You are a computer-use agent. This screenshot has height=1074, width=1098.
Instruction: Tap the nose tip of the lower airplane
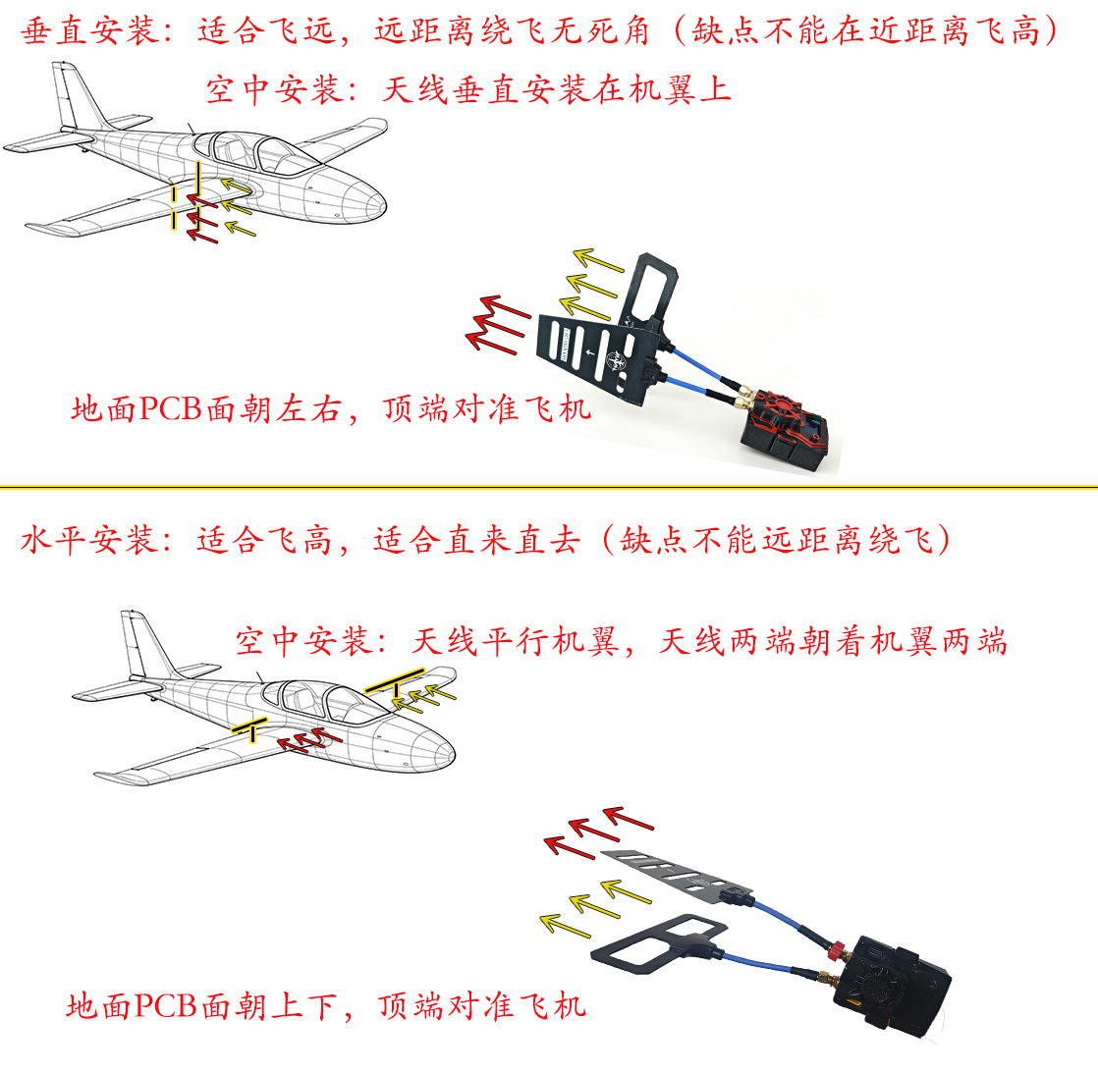click(x=455, y=755)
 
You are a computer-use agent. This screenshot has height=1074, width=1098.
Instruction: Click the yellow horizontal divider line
click(x=549, y=486)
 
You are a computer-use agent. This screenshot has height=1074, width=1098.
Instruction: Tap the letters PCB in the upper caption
click(x=171, y=408)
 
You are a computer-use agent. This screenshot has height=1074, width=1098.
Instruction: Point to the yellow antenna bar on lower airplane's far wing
click(x=395, y=681)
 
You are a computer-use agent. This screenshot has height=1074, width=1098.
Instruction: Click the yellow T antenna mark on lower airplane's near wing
click(x=250, y=728)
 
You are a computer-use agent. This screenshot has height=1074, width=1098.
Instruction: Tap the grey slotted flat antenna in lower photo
click(x=676, y=874)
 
